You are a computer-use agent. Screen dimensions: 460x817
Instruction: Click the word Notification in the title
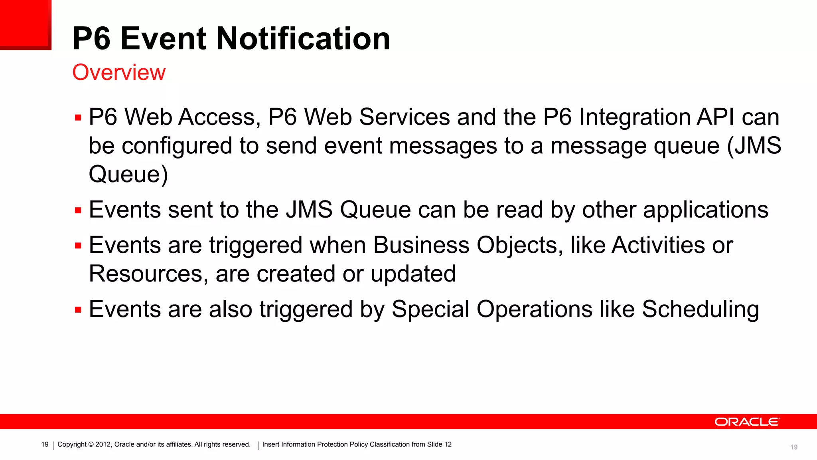[303, 39]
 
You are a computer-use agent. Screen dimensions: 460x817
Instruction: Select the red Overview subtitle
[119, 73]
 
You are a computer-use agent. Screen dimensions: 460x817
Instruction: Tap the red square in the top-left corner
[25, 24]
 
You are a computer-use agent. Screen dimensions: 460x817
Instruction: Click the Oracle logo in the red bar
[746, 422]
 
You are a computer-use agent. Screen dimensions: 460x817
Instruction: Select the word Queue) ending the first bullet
[128, 174]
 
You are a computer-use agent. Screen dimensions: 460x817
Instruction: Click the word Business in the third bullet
[421, 245]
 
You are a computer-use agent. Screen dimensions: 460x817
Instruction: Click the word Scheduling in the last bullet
[700, 310]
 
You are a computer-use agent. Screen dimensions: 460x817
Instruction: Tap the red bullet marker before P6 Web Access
[78, 118]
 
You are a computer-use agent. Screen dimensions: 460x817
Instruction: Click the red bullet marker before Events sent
[78, 210]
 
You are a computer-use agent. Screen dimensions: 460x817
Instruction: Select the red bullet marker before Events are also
[78, 310]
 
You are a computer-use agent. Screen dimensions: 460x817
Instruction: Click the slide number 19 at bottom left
[45, 444]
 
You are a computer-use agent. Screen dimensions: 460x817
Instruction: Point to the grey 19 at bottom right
[794, 447]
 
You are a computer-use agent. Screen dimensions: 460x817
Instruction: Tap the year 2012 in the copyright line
[103, 444]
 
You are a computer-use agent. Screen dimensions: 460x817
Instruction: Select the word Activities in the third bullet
[658, 245]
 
